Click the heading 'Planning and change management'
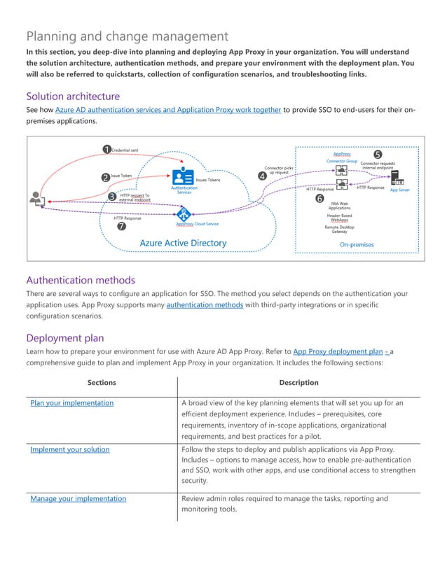coord(127,36)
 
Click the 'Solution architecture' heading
coord(73,96)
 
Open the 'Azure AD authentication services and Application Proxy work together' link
coord(168,110)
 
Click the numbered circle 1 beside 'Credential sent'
coord(106,149)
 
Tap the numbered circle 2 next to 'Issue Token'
coord(105,177)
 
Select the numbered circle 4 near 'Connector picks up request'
coord(262,176)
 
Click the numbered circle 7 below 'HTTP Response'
coord(121,227)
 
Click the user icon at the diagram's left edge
coord(36,199)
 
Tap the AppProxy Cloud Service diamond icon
coord(184,213)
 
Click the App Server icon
coord(397,176)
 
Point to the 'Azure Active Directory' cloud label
coord(183,243)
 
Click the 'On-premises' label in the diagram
coord(357,244)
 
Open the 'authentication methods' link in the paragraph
coord(205,305)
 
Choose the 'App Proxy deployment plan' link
coord(338,351)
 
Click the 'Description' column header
coord(298,382)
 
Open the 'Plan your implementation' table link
coord(71,403)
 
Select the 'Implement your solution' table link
coord(69,449)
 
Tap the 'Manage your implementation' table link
coord(78,499)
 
